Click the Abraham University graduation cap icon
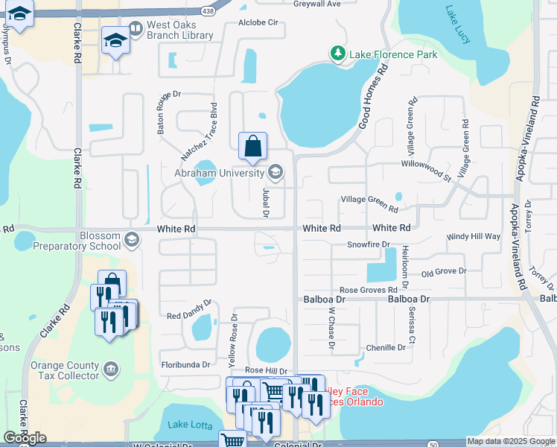point(275,174)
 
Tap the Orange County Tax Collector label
point(64,370)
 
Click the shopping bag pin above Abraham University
point(252,145)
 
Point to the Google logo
point(25,438)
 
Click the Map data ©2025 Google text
point(511,441)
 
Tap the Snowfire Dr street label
point(369,244)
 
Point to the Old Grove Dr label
point(443,273)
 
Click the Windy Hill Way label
point(473,236)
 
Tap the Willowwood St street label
point(425,170)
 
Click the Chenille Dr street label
point(386,347)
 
